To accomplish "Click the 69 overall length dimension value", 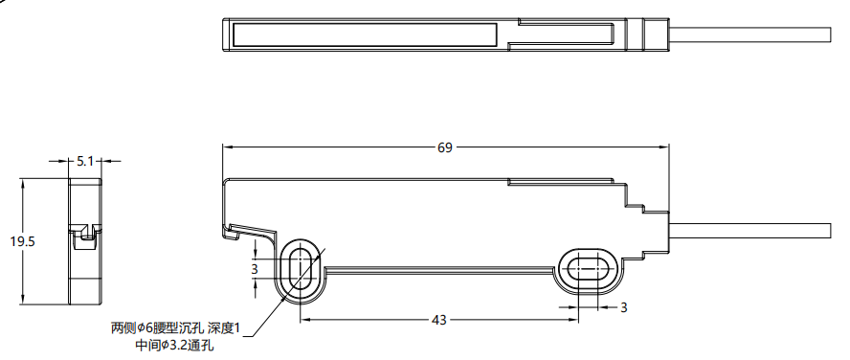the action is (444, 147).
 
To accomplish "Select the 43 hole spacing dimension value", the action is (438, 321).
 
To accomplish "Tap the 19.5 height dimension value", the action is (22, 242).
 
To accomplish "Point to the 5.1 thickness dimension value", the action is (85, 161).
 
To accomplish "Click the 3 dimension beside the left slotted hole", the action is (255, 268).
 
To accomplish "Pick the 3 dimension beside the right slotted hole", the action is (623, 308).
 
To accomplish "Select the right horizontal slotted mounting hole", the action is (588, 268).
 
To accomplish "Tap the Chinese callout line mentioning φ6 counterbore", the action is (175, 328).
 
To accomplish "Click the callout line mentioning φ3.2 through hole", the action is (174, 346).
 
